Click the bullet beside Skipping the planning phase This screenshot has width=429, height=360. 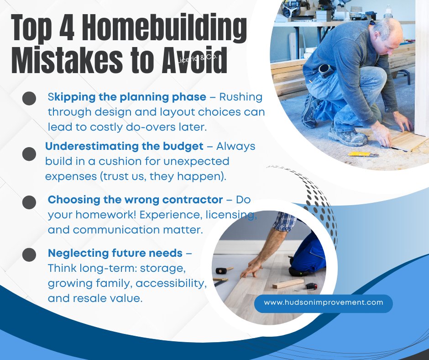29,98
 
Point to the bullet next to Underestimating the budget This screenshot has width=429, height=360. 29,154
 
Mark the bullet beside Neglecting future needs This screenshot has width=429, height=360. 29,254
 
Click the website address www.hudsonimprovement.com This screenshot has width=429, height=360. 323,302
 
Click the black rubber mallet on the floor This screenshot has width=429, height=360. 223,270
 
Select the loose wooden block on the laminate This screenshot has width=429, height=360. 288,284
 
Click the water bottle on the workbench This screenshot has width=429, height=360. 388,12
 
